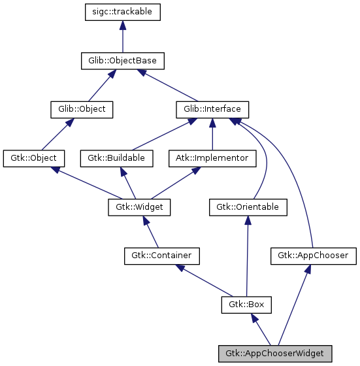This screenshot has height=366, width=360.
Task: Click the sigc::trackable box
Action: tap(123, 12)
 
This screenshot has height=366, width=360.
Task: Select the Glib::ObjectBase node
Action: tap(122, 61)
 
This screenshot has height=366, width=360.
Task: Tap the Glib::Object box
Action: tap(82, 109)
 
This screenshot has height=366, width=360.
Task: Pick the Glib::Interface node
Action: tap(212, 109)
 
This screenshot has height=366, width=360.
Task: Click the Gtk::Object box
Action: tap(33, 158)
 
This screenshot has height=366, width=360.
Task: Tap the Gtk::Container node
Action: tap(161, 256)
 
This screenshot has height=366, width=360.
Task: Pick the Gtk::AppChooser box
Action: tap(313, 256)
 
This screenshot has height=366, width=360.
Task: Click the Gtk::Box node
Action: tap(246, 305)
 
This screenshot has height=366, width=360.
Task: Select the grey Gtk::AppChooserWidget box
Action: tap(275, 353)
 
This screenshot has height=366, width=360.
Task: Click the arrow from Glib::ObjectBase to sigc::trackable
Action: tap(123, 37)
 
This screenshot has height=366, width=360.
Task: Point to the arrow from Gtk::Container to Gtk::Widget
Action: tap(150, 231)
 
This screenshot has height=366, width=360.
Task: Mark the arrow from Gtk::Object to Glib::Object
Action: tap(57, 134)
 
